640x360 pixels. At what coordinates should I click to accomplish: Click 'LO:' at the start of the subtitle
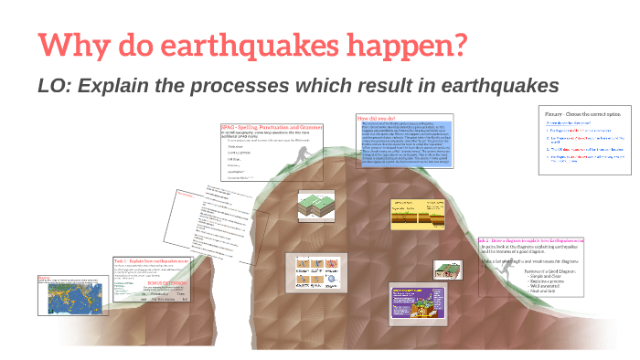point(57,86)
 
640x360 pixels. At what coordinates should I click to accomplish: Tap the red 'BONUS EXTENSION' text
point(169,283)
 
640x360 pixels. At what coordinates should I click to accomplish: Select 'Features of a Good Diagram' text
point(548,271)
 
